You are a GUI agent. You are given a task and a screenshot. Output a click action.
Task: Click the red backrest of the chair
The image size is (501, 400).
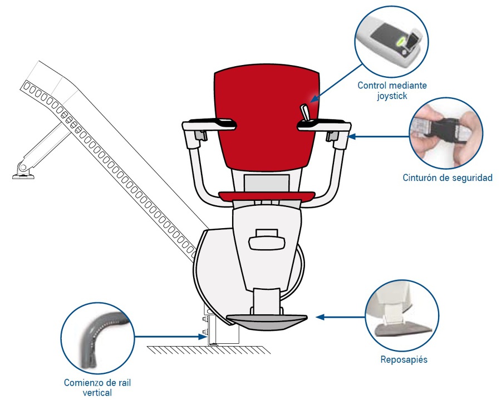coord(266,118)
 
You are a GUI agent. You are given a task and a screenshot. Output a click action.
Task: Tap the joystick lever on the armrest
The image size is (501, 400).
coord(305,113)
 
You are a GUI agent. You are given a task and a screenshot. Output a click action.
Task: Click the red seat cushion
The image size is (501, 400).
coord(267,196)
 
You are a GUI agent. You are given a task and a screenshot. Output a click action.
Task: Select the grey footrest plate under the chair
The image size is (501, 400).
coord(267,322)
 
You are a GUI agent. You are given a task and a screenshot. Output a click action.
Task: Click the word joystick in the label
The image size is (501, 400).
coord(392,96)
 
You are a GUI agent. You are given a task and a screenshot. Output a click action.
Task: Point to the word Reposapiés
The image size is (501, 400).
coord(404,360)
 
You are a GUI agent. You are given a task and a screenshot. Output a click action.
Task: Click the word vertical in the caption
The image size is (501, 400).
coord(97,392)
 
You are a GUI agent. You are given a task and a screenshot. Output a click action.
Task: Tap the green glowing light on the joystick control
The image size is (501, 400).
coord(400,41)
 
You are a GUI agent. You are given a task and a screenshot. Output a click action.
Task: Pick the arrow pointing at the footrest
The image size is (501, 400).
coord(340,317)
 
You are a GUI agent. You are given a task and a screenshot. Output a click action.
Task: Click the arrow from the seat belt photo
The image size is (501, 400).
coord(379,137)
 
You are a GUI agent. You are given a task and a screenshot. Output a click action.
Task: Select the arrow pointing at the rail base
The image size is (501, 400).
coord(170,337)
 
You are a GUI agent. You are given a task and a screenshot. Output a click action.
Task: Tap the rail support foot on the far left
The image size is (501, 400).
coord(23,174)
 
